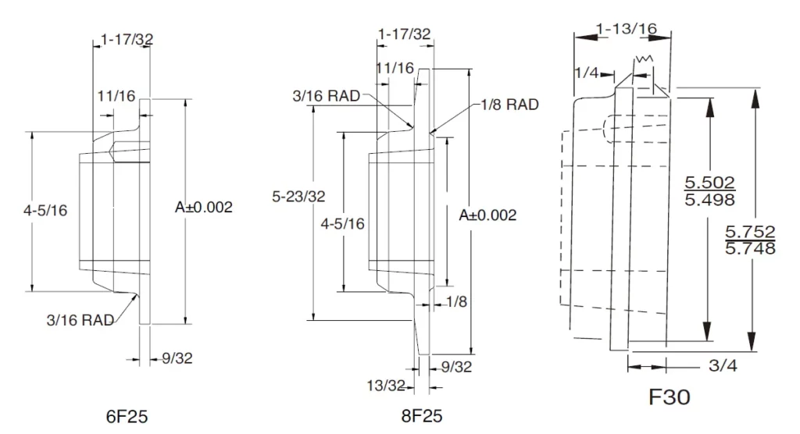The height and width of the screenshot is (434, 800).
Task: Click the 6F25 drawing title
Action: [127, 415]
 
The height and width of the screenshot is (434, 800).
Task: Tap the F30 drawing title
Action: [670, 397]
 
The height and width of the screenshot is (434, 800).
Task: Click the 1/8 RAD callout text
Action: [505, 105]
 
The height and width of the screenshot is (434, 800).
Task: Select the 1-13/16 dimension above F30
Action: [626, 29]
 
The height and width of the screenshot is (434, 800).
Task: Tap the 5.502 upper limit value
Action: [709, 183]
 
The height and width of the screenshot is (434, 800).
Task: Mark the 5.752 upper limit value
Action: [750, 232]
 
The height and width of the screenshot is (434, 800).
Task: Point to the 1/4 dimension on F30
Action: [586, 73]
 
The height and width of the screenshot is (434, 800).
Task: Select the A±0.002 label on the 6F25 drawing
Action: [204, 207]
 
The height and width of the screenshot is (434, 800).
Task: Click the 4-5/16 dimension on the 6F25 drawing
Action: [46, 210]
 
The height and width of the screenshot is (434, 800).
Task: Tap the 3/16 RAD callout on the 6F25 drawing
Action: [80, 319]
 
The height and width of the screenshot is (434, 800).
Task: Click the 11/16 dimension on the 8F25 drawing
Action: [394, 68]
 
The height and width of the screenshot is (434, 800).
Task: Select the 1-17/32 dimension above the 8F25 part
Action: [404, 34]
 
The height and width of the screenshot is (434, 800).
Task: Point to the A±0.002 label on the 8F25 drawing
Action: [487, 215]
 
